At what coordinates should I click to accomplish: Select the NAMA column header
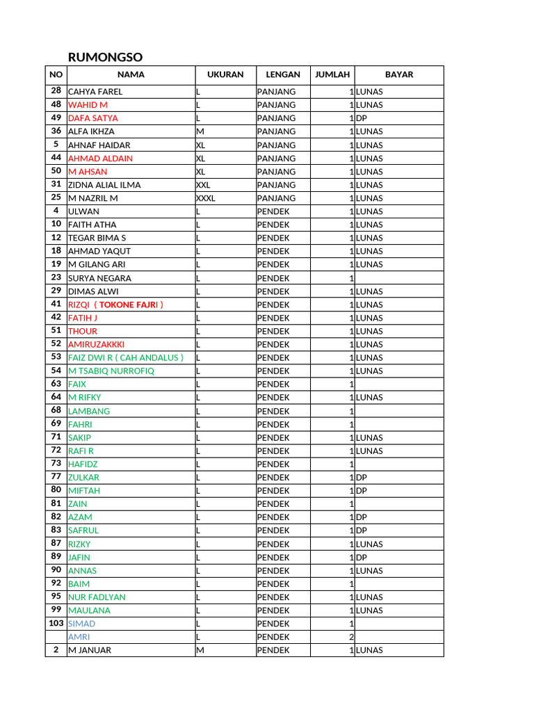point(131,75)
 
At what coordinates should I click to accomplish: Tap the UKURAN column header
point(225,75)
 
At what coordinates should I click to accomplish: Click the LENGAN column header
point(283,75)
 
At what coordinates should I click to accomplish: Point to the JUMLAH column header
point(332,75)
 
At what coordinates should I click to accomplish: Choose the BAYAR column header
point(398,75)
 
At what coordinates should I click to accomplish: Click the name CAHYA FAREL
point(95,92)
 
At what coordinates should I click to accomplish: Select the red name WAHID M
point(88,105)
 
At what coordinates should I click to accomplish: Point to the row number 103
point(56,624)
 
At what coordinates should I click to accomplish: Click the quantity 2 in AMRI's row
point(351,638)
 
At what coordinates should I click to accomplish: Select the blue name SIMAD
point(81,624)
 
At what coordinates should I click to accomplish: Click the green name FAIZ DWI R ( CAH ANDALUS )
point(126,357)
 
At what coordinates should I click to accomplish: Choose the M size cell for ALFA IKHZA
point(200,131)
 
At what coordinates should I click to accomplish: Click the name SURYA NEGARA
point(99,278)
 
